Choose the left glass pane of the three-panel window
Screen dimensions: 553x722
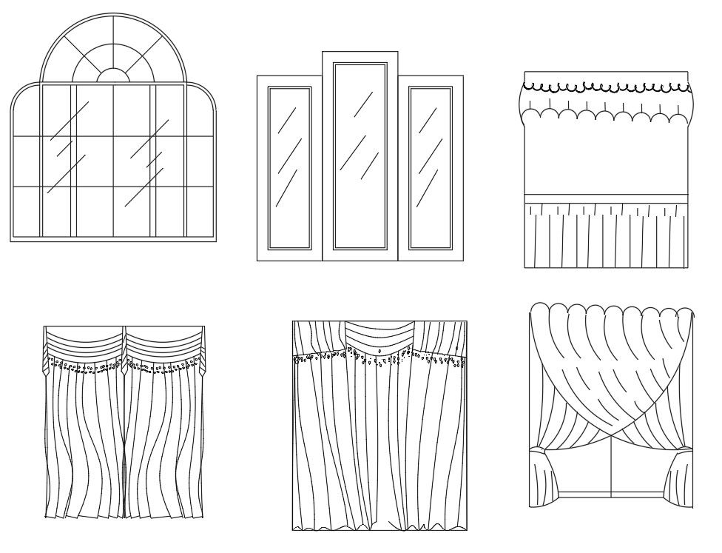click(x=289, y=167)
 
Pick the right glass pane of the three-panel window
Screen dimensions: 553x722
click(x=430, y=167)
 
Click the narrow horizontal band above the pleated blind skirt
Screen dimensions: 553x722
click(x=605, y=198)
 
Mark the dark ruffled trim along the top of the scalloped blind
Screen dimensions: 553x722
click(x=605, y=88)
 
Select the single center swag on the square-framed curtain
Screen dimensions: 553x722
click(x=379, y=335)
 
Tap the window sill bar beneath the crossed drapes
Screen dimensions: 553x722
click(x=612, y=495)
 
